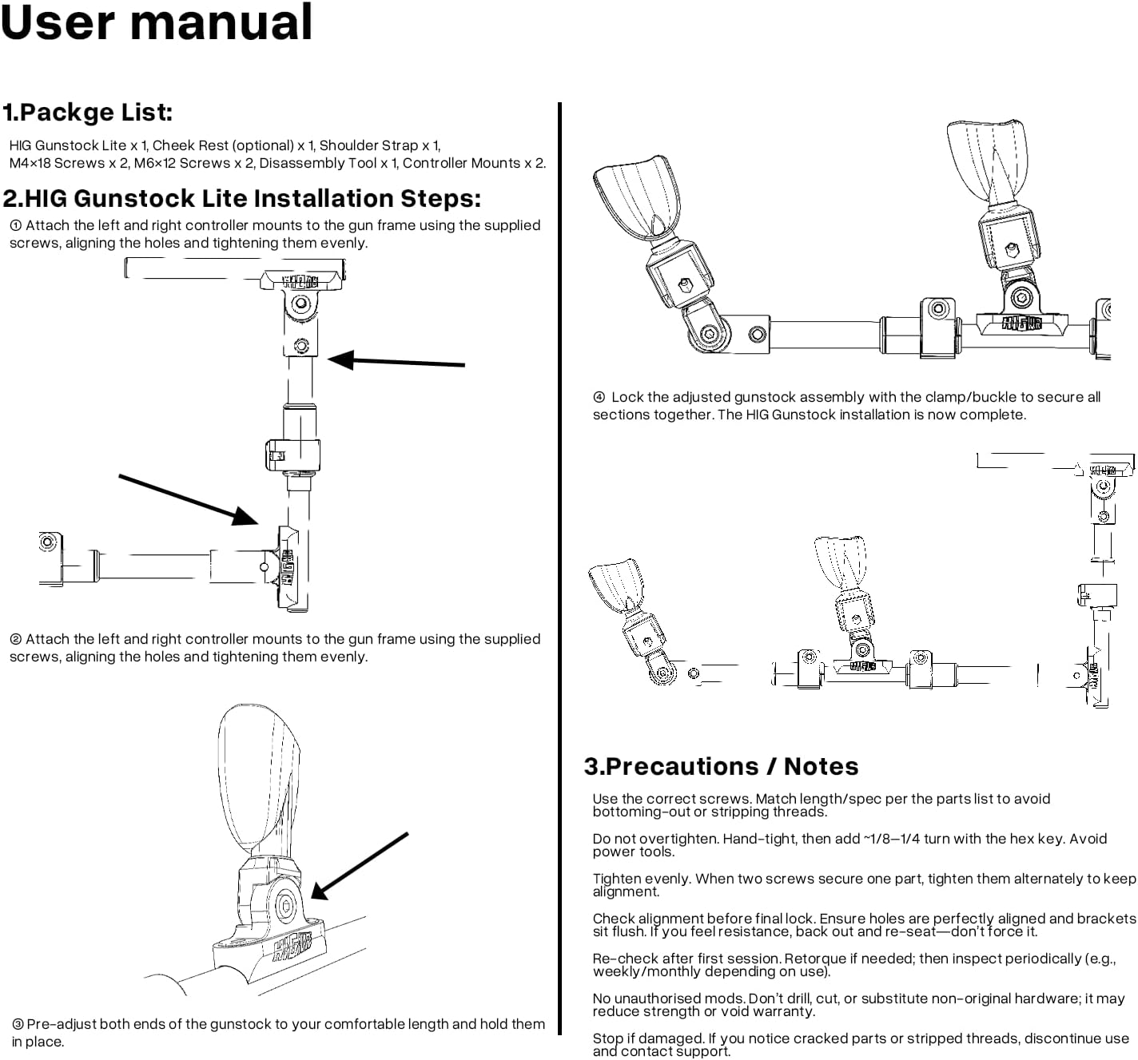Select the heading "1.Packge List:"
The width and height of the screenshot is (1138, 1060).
click(x=88, y=113)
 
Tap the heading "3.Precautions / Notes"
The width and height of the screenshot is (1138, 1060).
click(x=721, y=767)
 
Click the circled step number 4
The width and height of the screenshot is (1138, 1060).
click(x=599, y=397)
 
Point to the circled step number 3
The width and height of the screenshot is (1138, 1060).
click(x=18, y=1025)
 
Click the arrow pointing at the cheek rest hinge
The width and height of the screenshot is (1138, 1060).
click(x=360, y=866)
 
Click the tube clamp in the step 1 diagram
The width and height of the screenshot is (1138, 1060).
click(x=292, y=455)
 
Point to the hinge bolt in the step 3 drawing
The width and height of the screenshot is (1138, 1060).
click(x=284, y=906)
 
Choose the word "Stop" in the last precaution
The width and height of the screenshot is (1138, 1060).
click(x=607, y=1038)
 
